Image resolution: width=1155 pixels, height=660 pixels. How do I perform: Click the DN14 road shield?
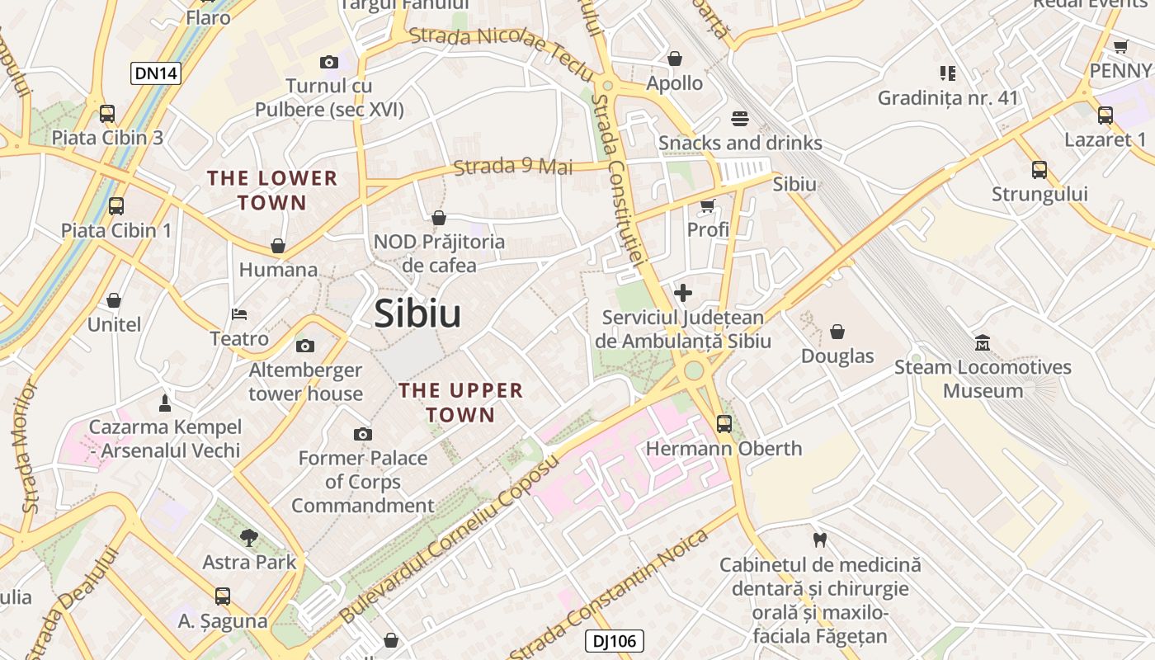[x=156, y=73]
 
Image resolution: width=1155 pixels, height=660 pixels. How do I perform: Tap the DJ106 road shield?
[x=614, y=641]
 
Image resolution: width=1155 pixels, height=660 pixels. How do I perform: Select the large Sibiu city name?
[x=417, y=314]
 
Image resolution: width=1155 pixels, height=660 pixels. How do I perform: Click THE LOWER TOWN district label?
[x=272, y=190]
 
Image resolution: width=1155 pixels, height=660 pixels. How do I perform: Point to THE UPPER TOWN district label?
[x=460, y=403]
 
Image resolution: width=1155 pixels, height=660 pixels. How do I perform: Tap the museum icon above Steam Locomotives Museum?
[x=983, y=342]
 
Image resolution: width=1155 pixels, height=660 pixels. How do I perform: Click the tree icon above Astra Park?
[x=248, y=539]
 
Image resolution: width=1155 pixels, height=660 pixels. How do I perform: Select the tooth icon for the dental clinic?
[x=819, y=540]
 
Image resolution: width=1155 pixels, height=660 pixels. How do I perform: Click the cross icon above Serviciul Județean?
[x=683, y=293]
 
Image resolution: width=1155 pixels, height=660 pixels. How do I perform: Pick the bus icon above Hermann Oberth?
[x=724, y=424]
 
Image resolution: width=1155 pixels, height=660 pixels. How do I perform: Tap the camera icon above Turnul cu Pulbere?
[x=329, y=62]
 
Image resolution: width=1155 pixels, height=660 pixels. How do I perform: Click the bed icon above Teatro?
[x=239, y=314]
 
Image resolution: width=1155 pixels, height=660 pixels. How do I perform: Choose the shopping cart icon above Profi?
[x=708, y=205]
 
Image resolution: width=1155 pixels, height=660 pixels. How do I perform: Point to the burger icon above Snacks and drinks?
[x=740, y=119]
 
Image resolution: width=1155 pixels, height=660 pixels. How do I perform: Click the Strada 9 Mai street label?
[x=513, y=166]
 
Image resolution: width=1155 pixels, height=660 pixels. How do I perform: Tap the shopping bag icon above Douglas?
[x=837, y=332]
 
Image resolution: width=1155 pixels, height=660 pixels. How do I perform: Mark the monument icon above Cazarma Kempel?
[x=165, y=403]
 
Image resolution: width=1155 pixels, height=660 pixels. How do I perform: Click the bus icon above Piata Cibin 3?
[x=107, y=114]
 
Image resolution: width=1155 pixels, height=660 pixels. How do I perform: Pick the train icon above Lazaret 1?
[x=1105, y=115]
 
